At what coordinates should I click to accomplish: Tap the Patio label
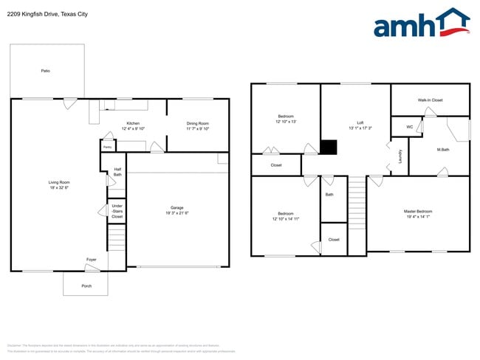click(45, 71)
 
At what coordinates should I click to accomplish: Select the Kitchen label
click(133, 123)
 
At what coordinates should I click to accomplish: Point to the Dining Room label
click(197, 123)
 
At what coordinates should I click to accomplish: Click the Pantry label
click(107, 147)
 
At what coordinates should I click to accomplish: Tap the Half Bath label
click(117, 172)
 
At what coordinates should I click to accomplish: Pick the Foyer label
click(92, 260)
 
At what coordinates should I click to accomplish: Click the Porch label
click(86, 285)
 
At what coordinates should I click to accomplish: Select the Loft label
click(360, 122)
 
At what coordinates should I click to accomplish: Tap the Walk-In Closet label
click(430, 100)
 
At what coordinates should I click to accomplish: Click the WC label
click(409, 126)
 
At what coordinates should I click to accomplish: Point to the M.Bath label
click(443, 150)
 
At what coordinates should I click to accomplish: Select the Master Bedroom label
click(418, 212)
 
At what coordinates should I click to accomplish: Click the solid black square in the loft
click(329, 148)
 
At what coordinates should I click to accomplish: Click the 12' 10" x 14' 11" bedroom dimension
click(285, 219)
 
